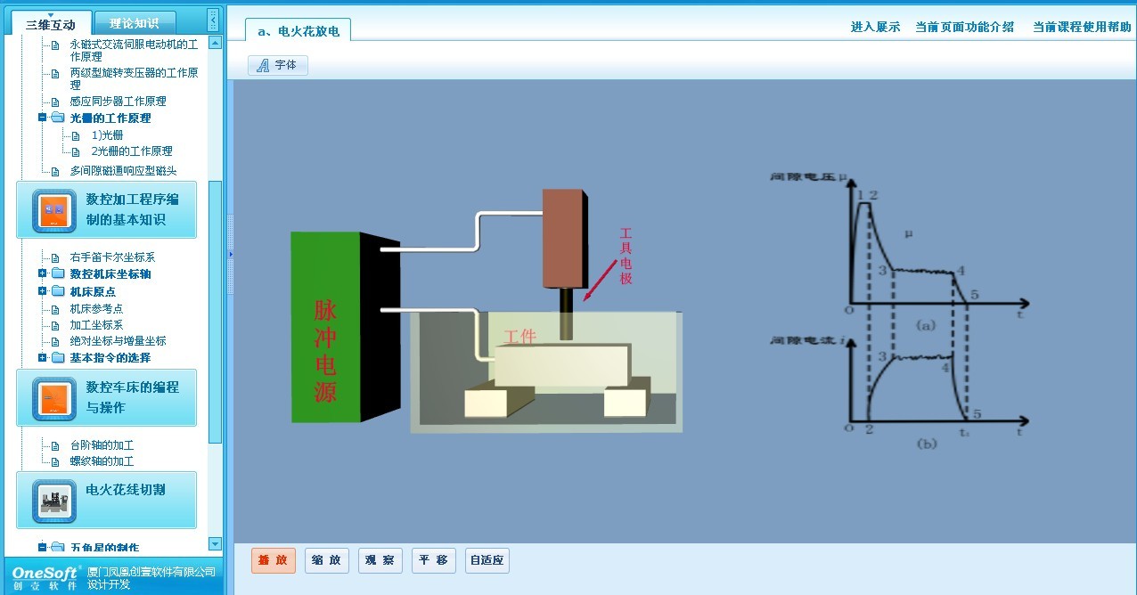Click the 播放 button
(273, 560)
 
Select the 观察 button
(380, 560)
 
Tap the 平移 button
(434, 560)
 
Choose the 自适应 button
(487, 560)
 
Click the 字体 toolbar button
(278, 65)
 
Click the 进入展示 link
(875, 27)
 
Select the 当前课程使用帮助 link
(1082, 27)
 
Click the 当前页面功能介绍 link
(964, 27)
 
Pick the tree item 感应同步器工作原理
(118, 102)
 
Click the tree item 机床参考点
(96, 308)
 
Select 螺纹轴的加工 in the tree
(102, 461)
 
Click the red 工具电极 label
(626, 256)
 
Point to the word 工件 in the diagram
(520, 337)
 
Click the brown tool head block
(563, 237)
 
